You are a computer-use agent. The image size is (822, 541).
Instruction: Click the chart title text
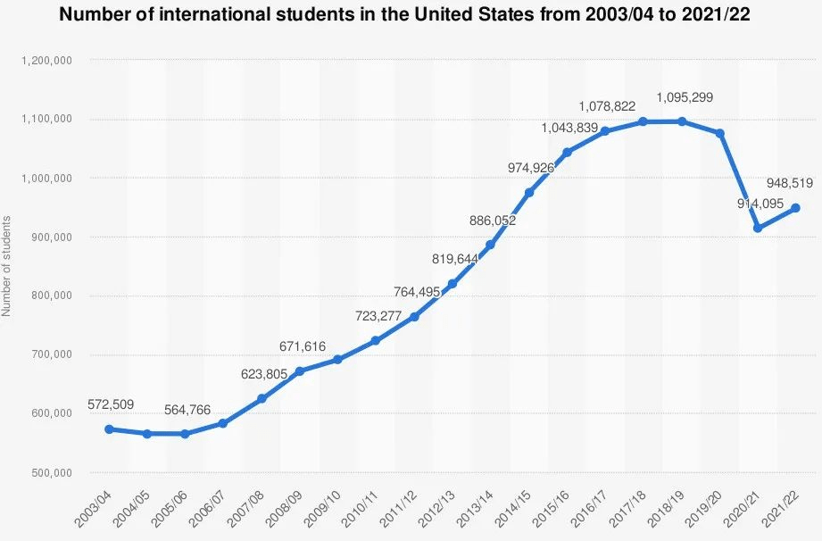(x=411, y=14)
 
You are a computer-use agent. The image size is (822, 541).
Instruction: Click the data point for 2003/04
(x=109, y=429)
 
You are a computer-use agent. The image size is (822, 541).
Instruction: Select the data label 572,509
(x=111, y=405)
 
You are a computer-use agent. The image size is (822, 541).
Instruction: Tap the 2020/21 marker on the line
(x=758, y=228)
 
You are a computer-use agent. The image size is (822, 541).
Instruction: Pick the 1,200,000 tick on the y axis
(x=46, y=61)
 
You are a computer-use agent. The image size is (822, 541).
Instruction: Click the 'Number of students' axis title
(x=7, y=266)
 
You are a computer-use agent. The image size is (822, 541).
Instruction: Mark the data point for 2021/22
(x=795, y=208)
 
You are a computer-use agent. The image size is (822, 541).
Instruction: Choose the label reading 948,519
(x=789, y=184)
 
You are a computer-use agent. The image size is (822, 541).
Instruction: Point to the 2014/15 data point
(x=529, y=193)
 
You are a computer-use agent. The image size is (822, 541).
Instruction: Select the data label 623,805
(x=263, y=375)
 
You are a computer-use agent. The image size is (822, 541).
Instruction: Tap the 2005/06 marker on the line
(x=185, y=434)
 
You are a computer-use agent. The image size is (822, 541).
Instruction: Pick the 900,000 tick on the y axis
(x=52, y=237)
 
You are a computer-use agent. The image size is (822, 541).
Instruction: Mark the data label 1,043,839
(x=569, y=129)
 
